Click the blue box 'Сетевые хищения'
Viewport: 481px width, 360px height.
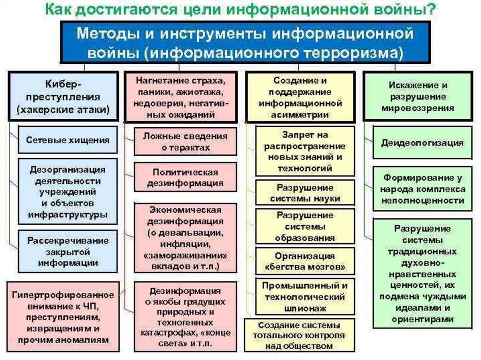(x=68, y=139)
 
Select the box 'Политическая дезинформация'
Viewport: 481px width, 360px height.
(x=185, y=177)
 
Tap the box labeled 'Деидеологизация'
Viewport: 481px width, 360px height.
(x=422, y=142)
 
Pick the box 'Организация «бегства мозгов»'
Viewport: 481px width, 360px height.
(x=305, y=262)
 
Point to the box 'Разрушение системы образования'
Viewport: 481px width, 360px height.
(x=305, y=227)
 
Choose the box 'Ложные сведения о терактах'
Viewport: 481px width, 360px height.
(x=185, y=141)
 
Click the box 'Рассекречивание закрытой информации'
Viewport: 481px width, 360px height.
(x=68, y=251)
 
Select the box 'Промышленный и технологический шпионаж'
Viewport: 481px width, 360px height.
(x=305, y=296)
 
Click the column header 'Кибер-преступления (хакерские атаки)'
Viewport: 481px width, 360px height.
(x=62, y=96)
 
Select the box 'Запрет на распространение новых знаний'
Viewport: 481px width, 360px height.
(x=305, y=151)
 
